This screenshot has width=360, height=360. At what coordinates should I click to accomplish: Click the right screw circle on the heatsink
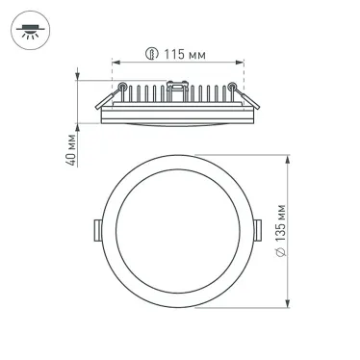pos(232,90)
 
